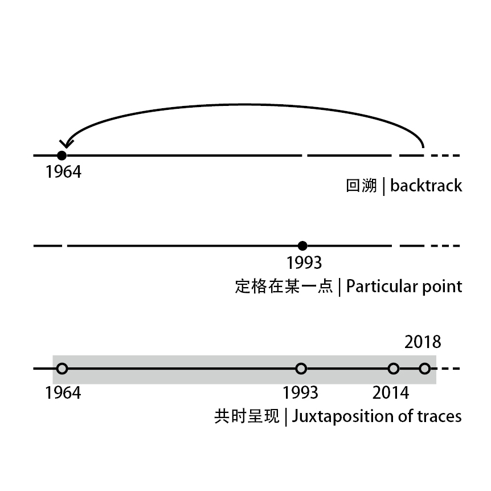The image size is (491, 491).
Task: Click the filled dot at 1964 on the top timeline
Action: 62,155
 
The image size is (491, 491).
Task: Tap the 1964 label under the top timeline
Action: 63,171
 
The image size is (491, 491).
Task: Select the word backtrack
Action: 426,186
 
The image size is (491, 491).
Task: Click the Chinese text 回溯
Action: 361,186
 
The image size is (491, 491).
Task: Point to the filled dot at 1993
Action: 302,245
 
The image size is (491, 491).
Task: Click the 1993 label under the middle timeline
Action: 304,263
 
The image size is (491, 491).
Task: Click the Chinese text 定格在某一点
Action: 283,286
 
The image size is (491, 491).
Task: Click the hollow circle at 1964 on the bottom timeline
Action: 62,369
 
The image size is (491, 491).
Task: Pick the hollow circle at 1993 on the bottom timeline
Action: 301,369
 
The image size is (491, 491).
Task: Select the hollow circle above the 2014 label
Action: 393,369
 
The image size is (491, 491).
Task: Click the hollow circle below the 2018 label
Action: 424,369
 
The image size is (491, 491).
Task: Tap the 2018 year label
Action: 423,342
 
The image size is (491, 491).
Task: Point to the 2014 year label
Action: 391,392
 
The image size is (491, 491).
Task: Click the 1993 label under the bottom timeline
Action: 301,392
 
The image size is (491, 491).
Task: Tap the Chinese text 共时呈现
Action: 247,416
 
